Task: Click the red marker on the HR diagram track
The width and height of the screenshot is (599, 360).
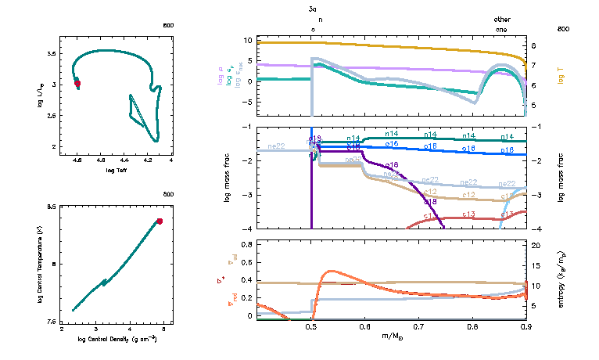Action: pyautogui.click(x=77, y=84)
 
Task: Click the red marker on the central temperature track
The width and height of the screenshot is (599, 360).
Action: pyautogui.click(x=160, y=221)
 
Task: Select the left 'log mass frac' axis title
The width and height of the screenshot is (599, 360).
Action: pyautogui.click(x=228, y=177)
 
